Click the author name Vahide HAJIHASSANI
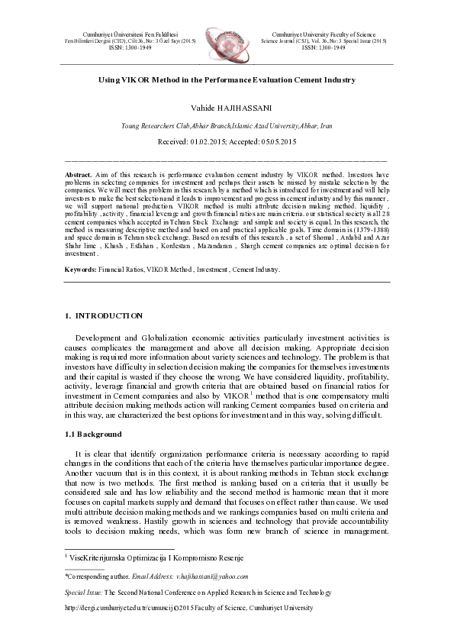[x=227, y=108]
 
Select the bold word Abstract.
[x=79, y=174]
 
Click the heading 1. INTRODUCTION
[x=104, y=315]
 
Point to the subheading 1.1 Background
[x=94, y=434]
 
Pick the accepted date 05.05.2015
[x=276, y=142]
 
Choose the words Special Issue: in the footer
[x=83, y=592]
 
